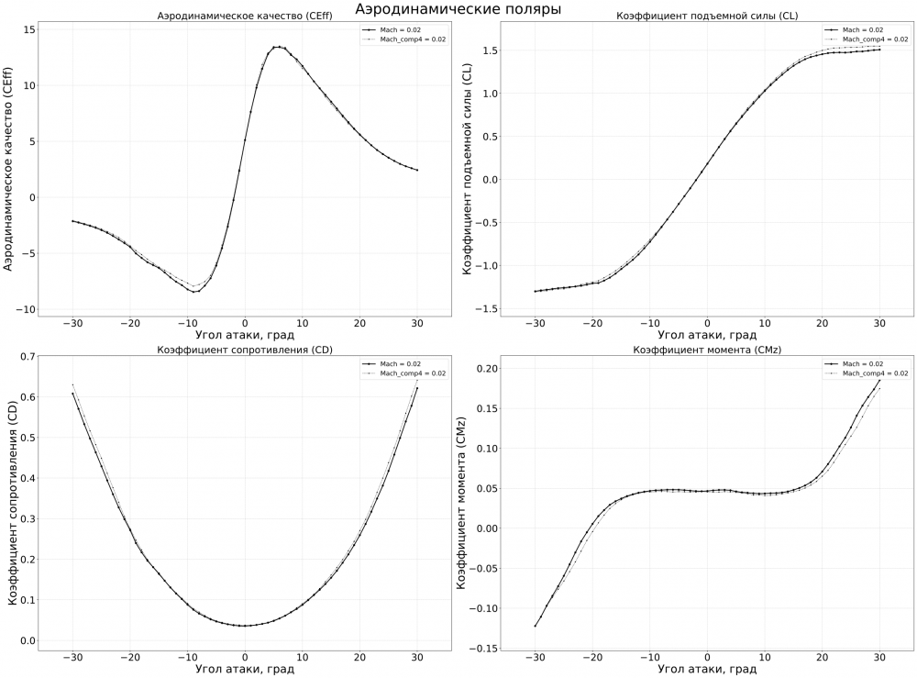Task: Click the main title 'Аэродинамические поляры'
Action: coord(458,8)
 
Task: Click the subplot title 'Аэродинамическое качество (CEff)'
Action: coord(244,17)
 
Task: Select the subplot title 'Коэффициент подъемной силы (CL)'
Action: coord(706,17)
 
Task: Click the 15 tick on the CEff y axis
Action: coord(29,29)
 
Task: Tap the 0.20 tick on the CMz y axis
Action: coord(486,368)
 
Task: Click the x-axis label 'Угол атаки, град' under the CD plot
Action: coord(244,669)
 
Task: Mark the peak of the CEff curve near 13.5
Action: coord(277,46)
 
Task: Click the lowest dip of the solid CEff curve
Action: coord(194,292)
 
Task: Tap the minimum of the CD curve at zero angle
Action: coord(244,626)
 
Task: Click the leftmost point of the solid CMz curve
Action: coord(534,627)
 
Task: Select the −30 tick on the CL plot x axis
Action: coord(534,324)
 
